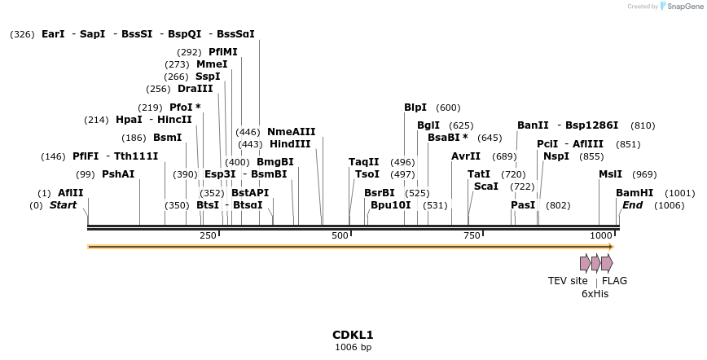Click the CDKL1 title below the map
click(353, 335)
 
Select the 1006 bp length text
click(353, 347)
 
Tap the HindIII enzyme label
click(290, 144)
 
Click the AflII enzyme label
click(70, 193)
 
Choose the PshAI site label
click(118, 174)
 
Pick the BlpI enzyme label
click(415, 108)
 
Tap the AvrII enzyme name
click(466, 156)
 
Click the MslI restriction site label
click(610, 174)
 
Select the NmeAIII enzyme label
click(291, 132)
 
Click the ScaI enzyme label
click(485, 187)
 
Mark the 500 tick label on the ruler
click(340, 235)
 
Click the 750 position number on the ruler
click(472, 235)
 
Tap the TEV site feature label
click(568, 281)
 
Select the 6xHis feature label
click(595, 293)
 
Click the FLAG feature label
click(614, 281)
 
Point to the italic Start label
click(63, 205)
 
